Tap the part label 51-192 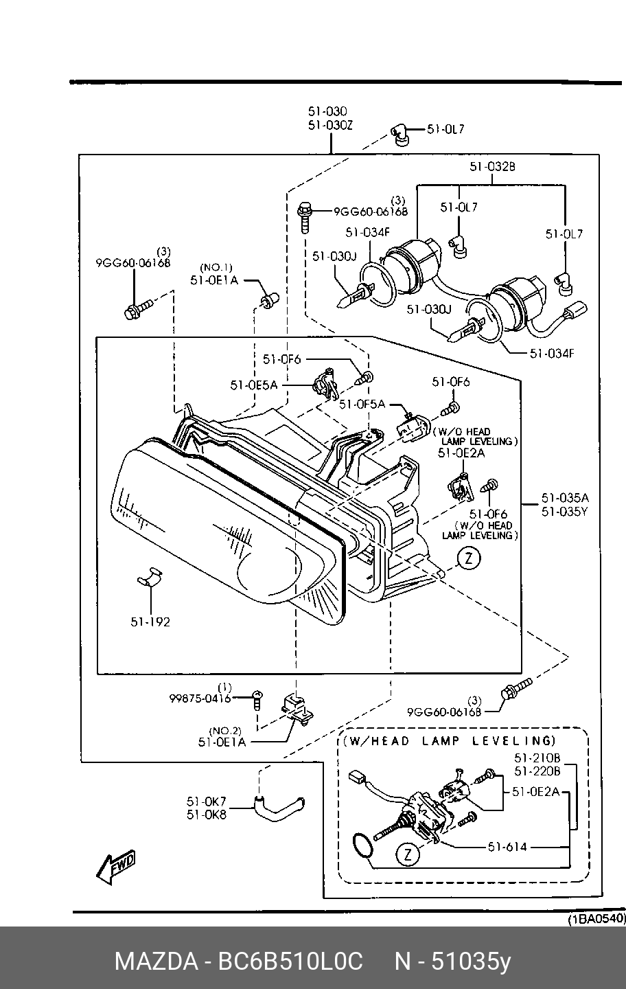click(150, 622)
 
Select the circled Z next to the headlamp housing click(469, 558)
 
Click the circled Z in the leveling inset click(408, 856)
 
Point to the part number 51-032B click(492, 166)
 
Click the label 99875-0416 click(200, 698)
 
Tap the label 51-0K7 click(206, 801)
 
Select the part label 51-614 click(507, 847)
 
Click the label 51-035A click(565, 497)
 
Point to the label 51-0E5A click(254, 385)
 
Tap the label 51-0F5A click(362, 404)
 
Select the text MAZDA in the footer click(156, 962)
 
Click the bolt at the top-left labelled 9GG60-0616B click(138, 309)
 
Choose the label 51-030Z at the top click(330, 126)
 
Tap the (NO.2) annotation click(225, 731)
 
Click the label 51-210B click(537, 758)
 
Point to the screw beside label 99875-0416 click(257, 700)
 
